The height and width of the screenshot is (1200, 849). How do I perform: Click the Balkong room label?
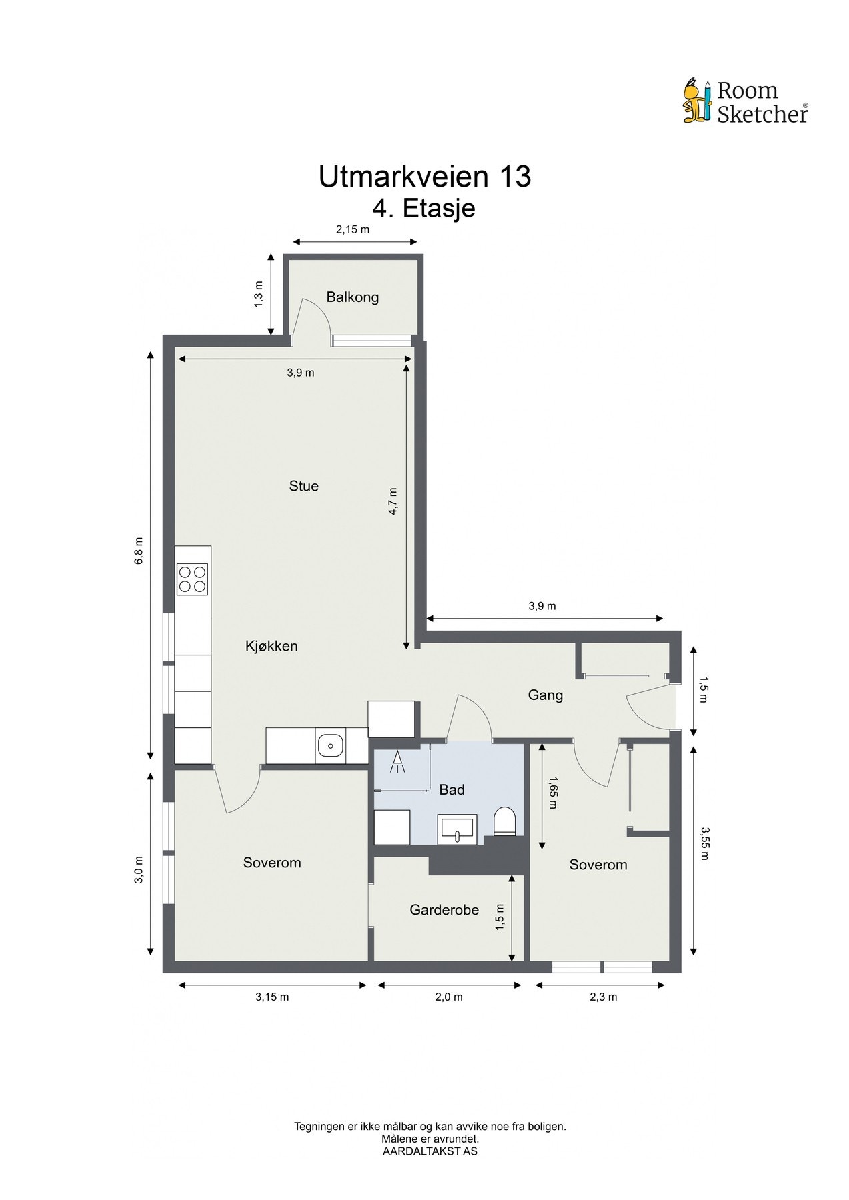(352, 297)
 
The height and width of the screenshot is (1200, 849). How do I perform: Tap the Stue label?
(303, 486)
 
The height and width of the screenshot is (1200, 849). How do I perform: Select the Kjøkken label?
(271, 646)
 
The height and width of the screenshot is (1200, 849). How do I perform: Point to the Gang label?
(546, 695)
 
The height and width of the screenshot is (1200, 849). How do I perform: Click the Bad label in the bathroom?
(452, 790)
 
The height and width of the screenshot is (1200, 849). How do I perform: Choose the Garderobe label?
(444, 909)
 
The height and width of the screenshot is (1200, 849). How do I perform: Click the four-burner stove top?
(192, 579)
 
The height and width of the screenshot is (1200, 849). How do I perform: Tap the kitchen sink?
(330, 745)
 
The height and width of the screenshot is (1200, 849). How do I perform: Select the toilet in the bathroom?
(505, 821)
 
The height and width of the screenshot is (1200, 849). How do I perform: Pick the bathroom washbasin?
(458, 829)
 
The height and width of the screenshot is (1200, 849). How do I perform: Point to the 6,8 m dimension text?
(139, 551)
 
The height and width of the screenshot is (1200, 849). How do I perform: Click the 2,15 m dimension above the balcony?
(352, 229)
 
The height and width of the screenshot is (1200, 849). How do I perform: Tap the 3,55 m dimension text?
(705, 844)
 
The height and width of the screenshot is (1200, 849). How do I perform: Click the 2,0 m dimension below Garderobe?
(449, 997)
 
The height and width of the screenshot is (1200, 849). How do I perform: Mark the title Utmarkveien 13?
(425, 177)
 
